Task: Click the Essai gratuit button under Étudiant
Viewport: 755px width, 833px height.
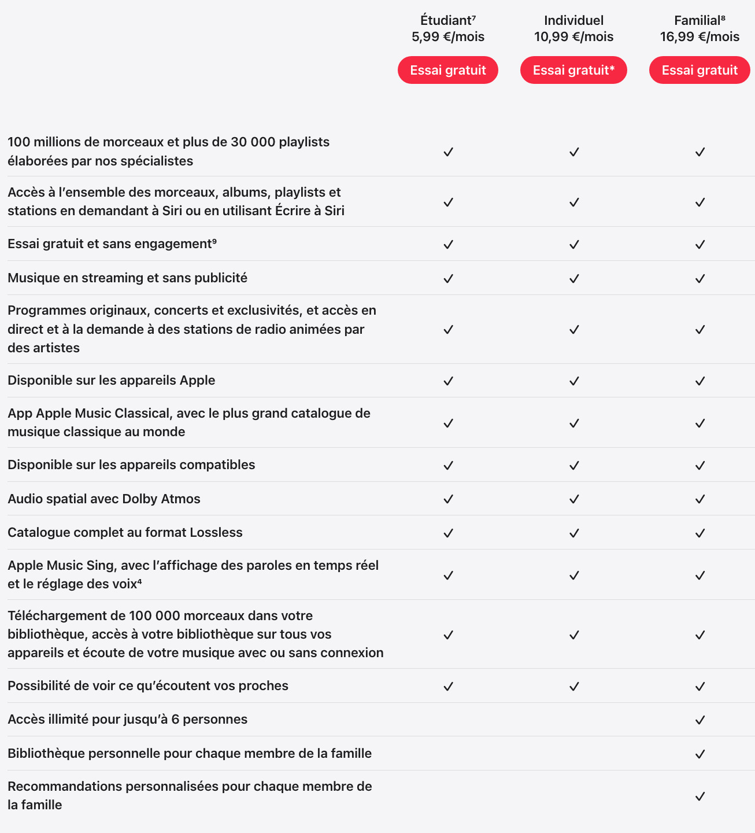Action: (x=448, y=70)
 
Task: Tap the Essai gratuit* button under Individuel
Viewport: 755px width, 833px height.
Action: (x=573, y=70)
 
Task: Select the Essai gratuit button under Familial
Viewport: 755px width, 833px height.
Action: (x=700, y=70)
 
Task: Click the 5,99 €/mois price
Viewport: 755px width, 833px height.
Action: (x=448, y=37)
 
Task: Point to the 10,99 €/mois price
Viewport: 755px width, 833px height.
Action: (x=573, y=37)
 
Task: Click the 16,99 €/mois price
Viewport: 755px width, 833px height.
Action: (x=700, y=37)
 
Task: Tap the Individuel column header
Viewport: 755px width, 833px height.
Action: (x=573, y=21)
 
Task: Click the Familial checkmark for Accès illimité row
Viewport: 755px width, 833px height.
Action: (x=700, y=720)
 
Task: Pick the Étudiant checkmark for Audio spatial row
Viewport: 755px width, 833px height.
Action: (x=448, y=499)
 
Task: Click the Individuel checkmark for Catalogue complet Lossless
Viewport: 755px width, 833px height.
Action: (x=574, y=533)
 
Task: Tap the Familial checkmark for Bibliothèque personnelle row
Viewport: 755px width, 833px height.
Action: (x=700, y=754)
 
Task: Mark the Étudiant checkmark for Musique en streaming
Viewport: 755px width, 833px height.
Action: (x=448, y=278)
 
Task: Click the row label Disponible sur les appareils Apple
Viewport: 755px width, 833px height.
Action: (x=111, y=380)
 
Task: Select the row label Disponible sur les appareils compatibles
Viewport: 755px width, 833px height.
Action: (x=131, y=465)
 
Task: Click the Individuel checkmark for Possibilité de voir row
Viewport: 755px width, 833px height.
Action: (x=574, y=686)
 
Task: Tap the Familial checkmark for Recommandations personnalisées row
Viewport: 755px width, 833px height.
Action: (x=700, y=796)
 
